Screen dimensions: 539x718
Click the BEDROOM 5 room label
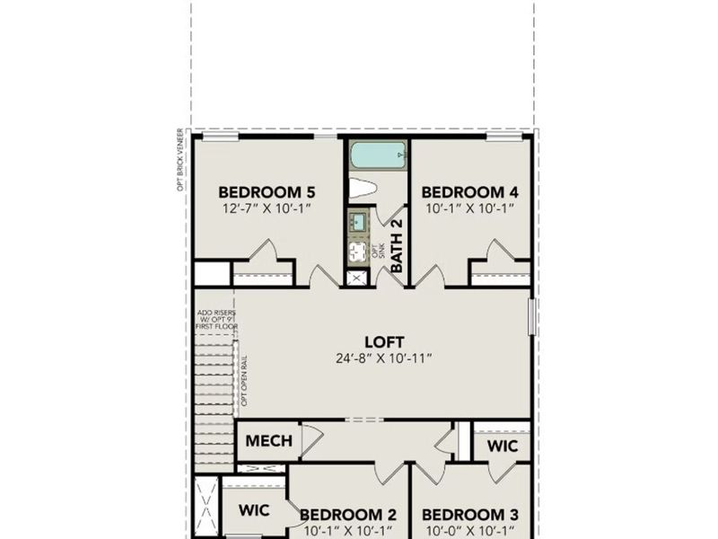coord(267,191)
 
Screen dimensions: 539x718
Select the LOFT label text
coord(384,341)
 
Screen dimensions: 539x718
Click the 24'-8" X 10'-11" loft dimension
coord(384,358)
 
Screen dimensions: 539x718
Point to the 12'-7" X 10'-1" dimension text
coord(267,208)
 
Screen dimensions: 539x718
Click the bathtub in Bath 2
coord(378,155)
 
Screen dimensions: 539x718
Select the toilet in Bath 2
coord(364,189)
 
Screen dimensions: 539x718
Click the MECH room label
coord(269,441)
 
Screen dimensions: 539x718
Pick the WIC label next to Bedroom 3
coord(501,446)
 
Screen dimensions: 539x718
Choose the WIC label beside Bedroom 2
coord(254,509)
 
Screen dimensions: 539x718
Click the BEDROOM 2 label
coord(347,515)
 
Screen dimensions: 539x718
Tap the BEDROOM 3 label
coord(469,515)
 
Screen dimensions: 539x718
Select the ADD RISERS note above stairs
coord(216,319)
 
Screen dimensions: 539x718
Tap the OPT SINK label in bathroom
coord(378,251)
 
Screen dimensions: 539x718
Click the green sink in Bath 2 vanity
coord(358,221)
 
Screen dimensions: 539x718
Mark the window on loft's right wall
coord(532,316)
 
